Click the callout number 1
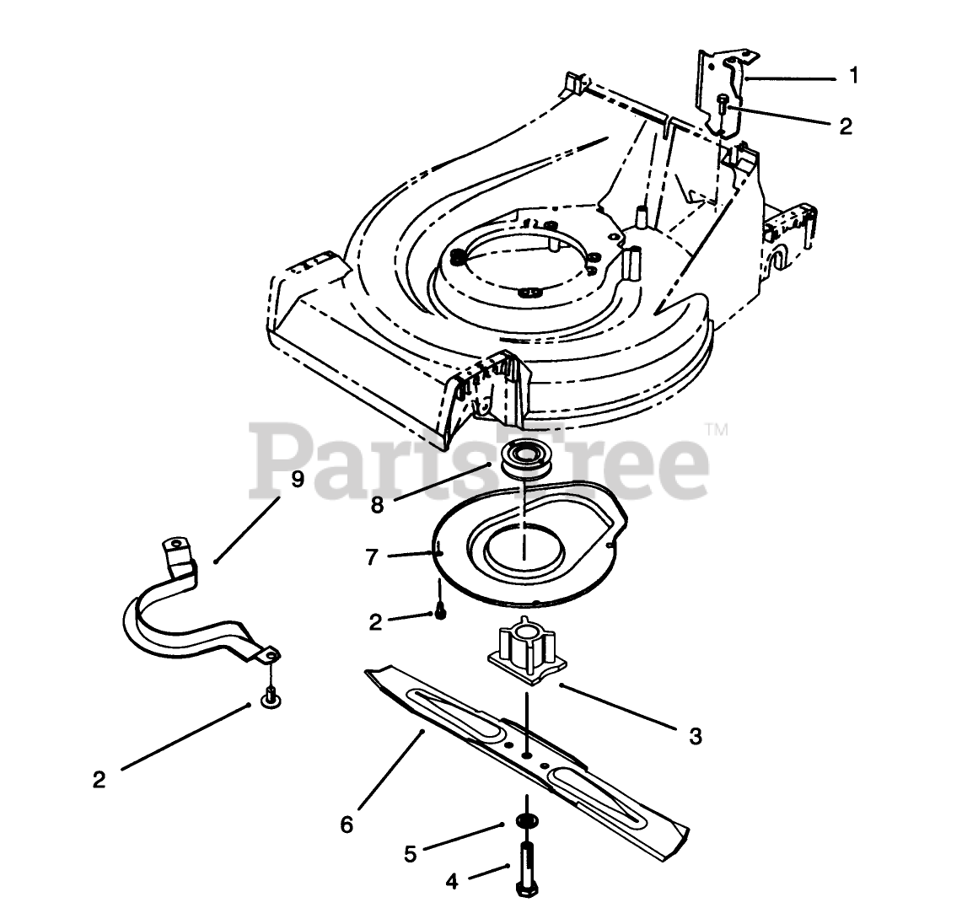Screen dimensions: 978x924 (x=853, y=76)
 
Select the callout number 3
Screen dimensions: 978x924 (x=695, y=736)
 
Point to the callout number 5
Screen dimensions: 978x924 (x=411, y=854)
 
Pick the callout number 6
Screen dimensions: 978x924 (x=347, y=825)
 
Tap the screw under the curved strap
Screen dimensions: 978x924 (x=270, y=696)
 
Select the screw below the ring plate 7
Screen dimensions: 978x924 (x=440, y=612)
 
